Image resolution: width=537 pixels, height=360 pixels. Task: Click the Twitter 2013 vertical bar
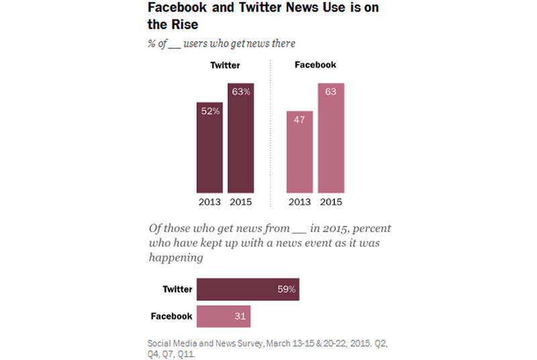tap(209, 148)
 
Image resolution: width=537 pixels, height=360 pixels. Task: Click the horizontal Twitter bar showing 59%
tap(248, 289)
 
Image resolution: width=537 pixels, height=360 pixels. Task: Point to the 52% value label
tap(210, 111)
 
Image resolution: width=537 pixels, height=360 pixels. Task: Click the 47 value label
tap(299, 121)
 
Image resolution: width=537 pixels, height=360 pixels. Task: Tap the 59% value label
tap(286, 290)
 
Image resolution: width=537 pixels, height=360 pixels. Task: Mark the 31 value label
tap(240, 316)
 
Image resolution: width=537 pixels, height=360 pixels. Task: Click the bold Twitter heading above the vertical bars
tap(225, 65)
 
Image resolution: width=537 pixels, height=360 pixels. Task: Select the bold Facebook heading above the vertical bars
tap(315, 65)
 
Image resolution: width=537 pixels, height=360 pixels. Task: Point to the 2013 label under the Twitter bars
tap(209, 202)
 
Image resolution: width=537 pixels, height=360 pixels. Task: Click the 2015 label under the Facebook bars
tap(331, 202)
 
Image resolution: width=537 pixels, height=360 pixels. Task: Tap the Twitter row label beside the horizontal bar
tap(177, 290)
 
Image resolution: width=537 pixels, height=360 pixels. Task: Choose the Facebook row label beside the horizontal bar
tap(171, 316)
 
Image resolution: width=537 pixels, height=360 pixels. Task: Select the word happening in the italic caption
tap(175, 257)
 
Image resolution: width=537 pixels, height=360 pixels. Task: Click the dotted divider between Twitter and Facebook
tap(271, 134)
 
